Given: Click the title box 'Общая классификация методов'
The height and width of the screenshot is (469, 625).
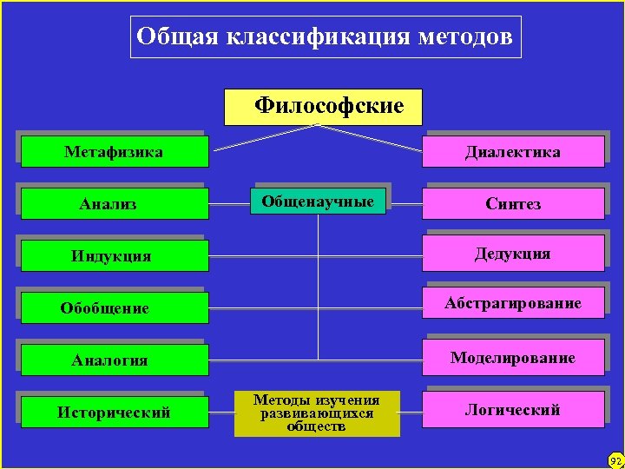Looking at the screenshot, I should point(326,37).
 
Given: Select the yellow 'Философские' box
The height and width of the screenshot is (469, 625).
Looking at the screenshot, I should point(323,107).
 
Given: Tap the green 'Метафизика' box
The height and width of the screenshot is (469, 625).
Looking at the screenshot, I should point(114,152).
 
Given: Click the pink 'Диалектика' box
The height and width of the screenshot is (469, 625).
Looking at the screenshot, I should point(513,152).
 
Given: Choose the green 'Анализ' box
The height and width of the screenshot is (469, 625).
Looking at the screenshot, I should point(114,204).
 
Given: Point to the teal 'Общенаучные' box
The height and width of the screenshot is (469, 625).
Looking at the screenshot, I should point(319,201).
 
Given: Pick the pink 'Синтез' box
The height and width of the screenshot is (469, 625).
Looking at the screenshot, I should point(513,204).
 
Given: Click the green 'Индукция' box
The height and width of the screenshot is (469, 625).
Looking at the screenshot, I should point(114,256).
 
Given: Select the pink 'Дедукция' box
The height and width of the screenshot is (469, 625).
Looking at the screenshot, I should point(513,254).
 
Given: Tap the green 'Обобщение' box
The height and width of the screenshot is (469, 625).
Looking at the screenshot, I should point(114,308).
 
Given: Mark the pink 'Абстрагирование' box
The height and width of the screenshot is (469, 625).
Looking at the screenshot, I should point(513,303).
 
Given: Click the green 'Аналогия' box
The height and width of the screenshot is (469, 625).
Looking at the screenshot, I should point(114,360).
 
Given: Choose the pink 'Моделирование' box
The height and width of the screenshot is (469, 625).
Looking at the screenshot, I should point(513,358).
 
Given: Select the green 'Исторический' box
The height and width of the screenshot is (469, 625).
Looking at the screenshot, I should point(114,412).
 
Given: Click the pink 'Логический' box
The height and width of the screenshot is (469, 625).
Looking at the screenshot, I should point(513,409).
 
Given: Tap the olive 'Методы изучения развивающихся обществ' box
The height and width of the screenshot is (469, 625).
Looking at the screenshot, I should point(317,413).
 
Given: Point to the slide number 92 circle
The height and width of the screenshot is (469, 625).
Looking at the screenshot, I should point(615,459).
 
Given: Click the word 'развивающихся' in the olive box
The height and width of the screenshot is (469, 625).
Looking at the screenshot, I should point(317,413).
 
